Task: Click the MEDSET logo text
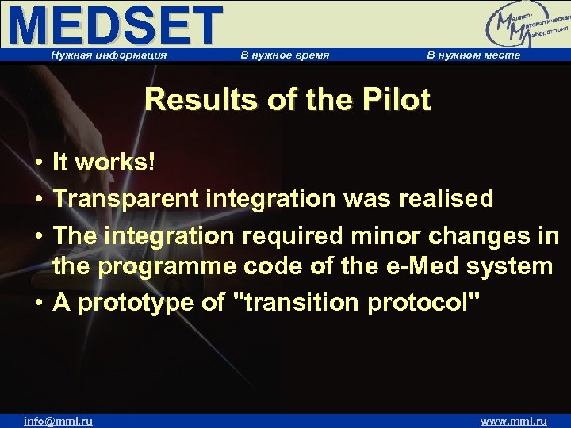click(116, 25)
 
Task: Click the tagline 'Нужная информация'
click(109, 55)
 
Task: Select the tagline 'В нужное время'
click(285, 55)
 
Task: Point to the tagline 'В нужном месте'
click(473, 55)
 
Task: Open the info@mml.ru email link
click(58, 421)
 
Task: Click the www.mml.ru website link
click(514, 421)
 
